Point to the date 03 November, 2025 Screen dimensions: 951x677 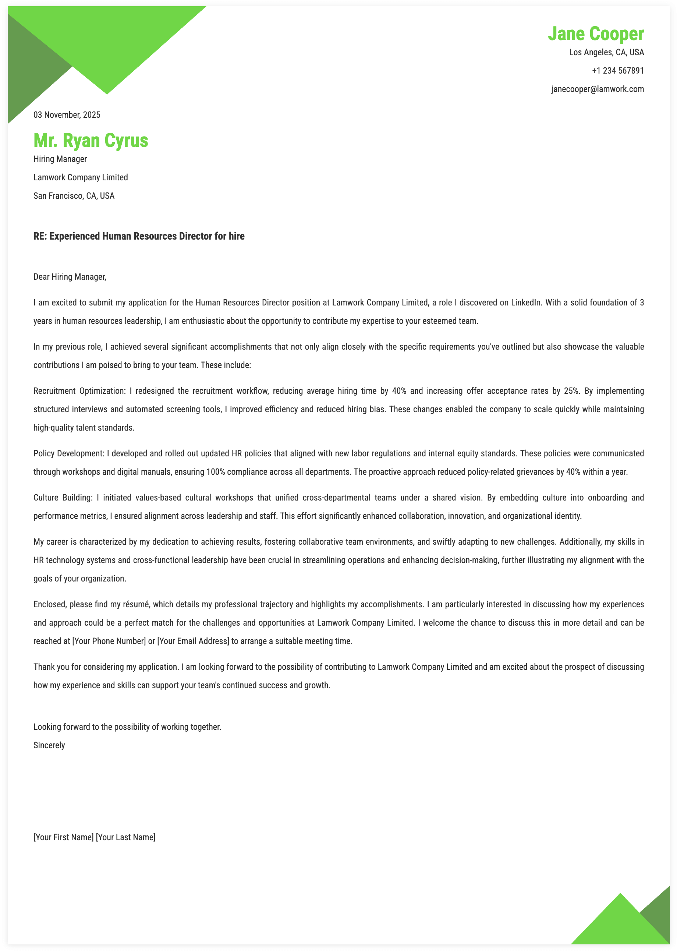[x=67, y=115]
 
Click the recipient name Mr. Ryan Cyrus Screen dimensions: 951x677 [x=91, y=141]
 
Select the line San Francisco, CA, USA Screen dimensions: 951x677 [x=74, y=196]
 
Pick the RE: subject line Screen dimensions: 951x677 [x=139, y=236]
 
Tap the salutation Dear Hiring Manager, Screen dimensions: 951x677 [x=70, y=277]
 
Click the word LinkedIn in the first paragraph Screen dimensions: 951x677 [x=527, y=303]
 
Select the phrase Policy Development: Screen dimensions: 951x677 [x=69, y=454]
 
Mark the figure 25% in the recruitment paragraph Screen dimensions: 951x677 [x=571, y=391]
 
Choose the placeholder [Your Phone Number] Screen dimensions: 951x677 [x=109, y=641]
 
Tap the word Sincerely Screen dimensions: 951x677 [x=49, y=746]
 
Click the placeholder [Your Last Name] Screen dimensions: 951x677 [x=125, y=838]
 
